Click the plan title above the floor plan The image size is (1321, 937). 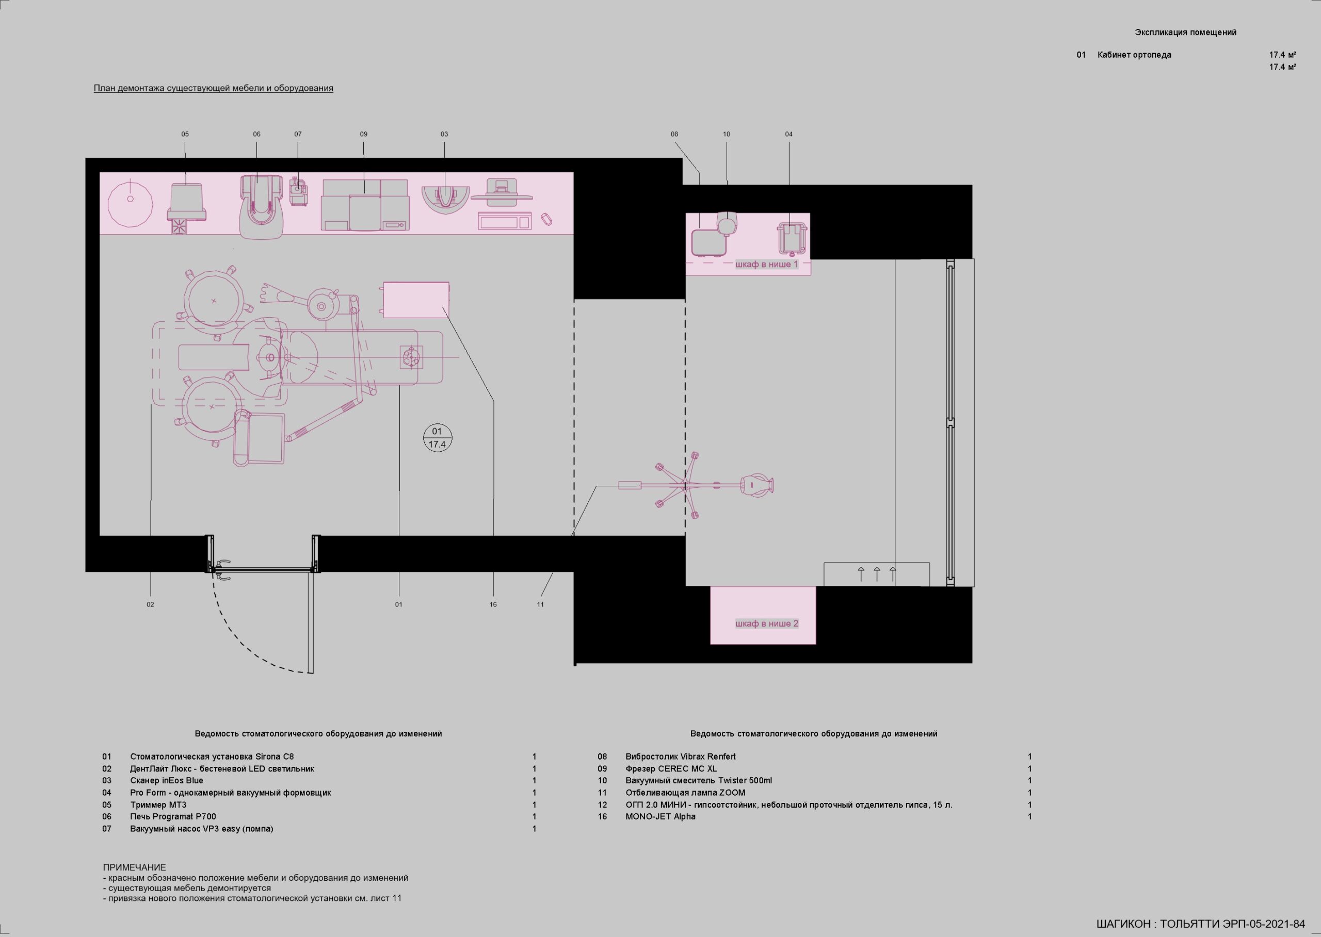[214, 88]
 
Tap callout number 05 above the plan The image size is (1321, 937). [185, 134]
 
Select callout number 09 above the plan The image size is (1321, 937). [364, 134]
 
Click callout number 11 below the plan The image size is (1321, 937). [540, 605]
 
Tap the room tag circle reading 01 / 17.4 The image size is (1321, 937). [437, 438]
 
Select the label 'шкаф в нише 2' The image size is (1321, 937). [767, 623]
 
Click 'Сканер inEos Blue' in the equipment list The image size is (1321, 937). [167, 781]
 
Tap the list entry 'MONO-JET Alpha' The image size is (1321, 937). [660, 816]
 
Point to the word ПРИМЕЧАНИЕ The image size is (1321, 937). [135, 867]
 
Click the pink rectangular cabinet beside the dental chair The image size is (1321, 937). [416, 300]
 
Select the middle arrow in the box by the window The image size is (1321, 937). [877, 574]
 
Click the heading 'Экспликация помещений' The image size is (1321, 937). [1186, 32]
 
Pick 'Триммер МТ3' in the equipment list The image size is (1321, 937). [158, 804]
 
